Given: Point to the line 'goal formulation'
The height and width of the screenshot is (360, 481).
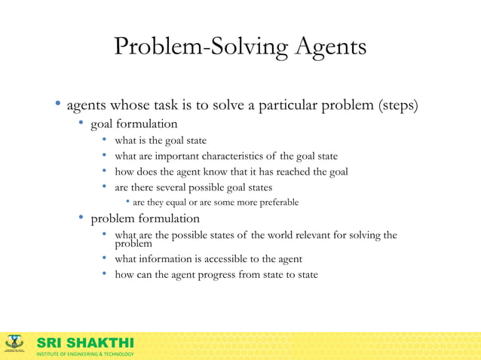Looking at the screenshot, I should pos(134,124).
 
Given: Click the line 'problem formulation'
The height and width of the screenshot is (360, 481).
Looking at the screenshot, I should pos(146,218).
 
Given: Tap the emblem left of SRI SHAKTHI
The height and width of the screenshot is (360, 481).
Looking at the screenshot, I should pos(15,345).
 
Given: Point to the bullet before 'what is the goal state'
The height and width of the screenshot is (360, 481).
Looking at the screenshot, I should pos(106,140).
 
